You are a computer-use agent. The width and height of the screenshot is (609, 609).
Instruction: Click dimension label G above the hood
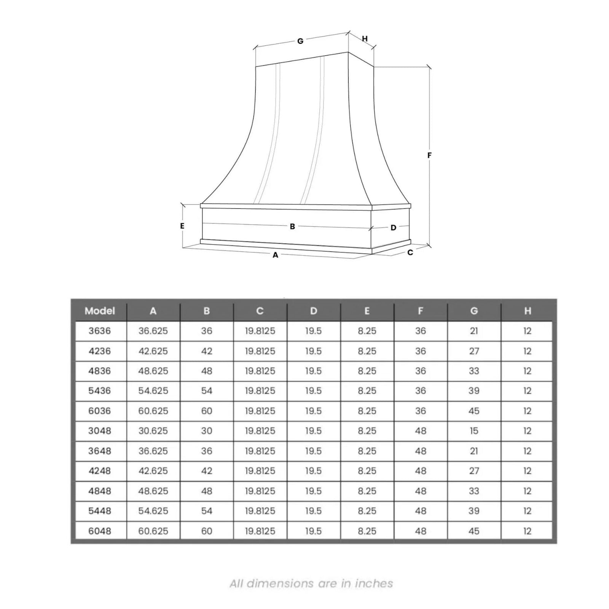pos(300,41)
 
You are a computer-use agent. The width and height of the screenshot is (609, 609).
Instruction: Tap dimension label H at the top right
pos(365,39)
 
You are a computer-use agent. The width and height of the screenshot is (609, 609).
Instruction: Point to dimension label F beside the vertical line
pos(429,155)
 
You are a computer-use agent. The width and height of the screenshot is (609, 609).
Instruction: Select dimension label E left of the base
pos(182,226)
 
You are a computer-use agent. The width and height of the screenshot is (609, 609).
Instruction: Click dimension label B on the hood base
pos(292,226)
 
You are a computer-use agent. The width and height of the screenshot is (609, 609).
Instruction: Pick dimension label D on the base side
pos(393,228)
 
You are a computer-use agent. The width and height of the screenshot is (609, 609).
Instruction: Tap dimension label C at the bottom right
pos(410,252)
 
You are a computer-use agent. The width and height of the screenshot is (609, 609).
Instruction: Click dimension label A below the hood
pos(276,255)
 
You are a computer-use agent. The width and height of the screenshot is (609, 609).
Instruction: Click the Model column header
pos(100,311)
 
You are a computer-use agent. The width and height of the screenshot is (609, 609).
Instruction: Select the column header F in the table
pos(421,311)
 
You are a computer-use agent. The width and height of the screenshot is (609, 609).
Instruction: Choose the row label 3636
pos(100,331)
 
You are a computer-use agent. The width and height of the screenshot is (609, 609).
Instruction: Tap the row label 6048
pos(100,531)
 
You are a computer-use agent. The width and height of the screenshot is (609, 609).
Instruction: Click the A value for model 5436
pos(153,391)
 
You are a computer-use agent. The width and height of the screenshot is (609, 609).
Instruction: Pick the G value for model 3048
pos(474,431)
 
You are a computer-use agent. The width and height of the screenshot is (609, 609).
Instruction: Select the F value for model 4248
pos(421,471)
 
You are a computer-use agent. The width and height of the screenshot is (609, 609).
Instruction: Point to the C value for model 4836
pos(260,371)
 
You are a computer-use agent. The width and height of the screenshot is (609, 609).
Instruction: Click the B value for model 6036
pos(207,411)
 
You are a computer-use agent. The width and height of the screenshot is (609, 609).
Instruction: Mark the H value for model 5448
pos(527,511)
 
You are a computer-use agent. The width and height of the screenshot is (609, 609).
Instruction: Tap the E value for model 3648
pos(367,451)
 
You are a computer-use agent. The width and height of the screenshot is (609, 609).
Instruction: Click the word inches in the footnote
pos(374,583)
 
